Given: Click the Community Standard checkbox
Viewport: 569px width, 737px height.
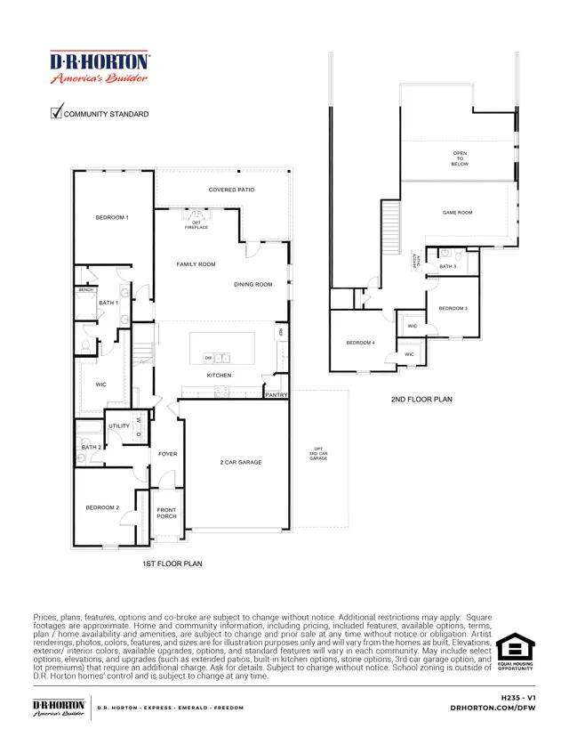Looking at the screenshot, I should [57, 112].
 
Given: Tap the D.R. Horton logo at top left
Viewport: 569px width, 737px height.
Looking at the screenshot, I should [100, 67].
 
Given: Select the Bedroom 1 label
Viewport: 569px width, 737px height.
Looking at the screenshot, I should [113, 218].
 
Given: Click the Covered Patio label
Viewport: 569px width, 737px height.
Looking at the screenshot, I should [231, 190].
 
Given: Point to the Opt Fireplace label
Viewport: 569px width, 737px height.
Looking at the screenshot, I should [196, 225].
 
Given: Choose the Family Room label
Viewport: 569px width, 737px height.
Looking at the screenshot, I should [196, 264].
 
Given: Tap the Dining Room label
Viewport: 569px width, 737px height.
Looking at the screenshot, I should [252, 285].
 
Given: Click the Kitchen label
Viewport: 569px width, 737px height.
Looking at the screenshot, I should [219, 376].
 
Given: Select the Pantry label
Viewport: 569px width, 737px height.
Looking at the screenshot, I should [276, 394].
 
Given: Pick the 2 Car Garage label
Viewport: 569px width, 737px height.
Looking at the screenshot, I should [240, 463].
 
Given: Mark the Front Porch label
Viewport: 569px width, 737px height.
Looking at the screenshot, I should [166, 514].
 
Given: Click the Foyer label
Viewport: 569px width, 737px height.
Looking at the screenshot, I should [168, 454].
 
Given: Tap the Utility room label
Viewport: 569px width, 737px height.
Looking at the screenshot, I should [119, 426].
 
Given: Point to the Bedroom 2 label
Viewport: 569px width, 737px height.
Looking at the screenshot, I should [102, 507].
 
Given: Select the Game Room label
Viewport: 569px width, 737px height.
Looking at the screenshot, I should [457, 213].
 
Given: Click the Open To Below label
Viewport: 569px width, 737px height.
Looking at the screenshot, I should [460, 158].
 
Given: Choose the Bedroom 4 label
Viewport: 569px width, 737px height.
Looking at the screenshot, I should [360, 343].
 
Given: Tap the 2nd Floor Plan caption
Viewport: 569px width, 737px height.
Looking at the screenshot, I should [421, 400].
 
